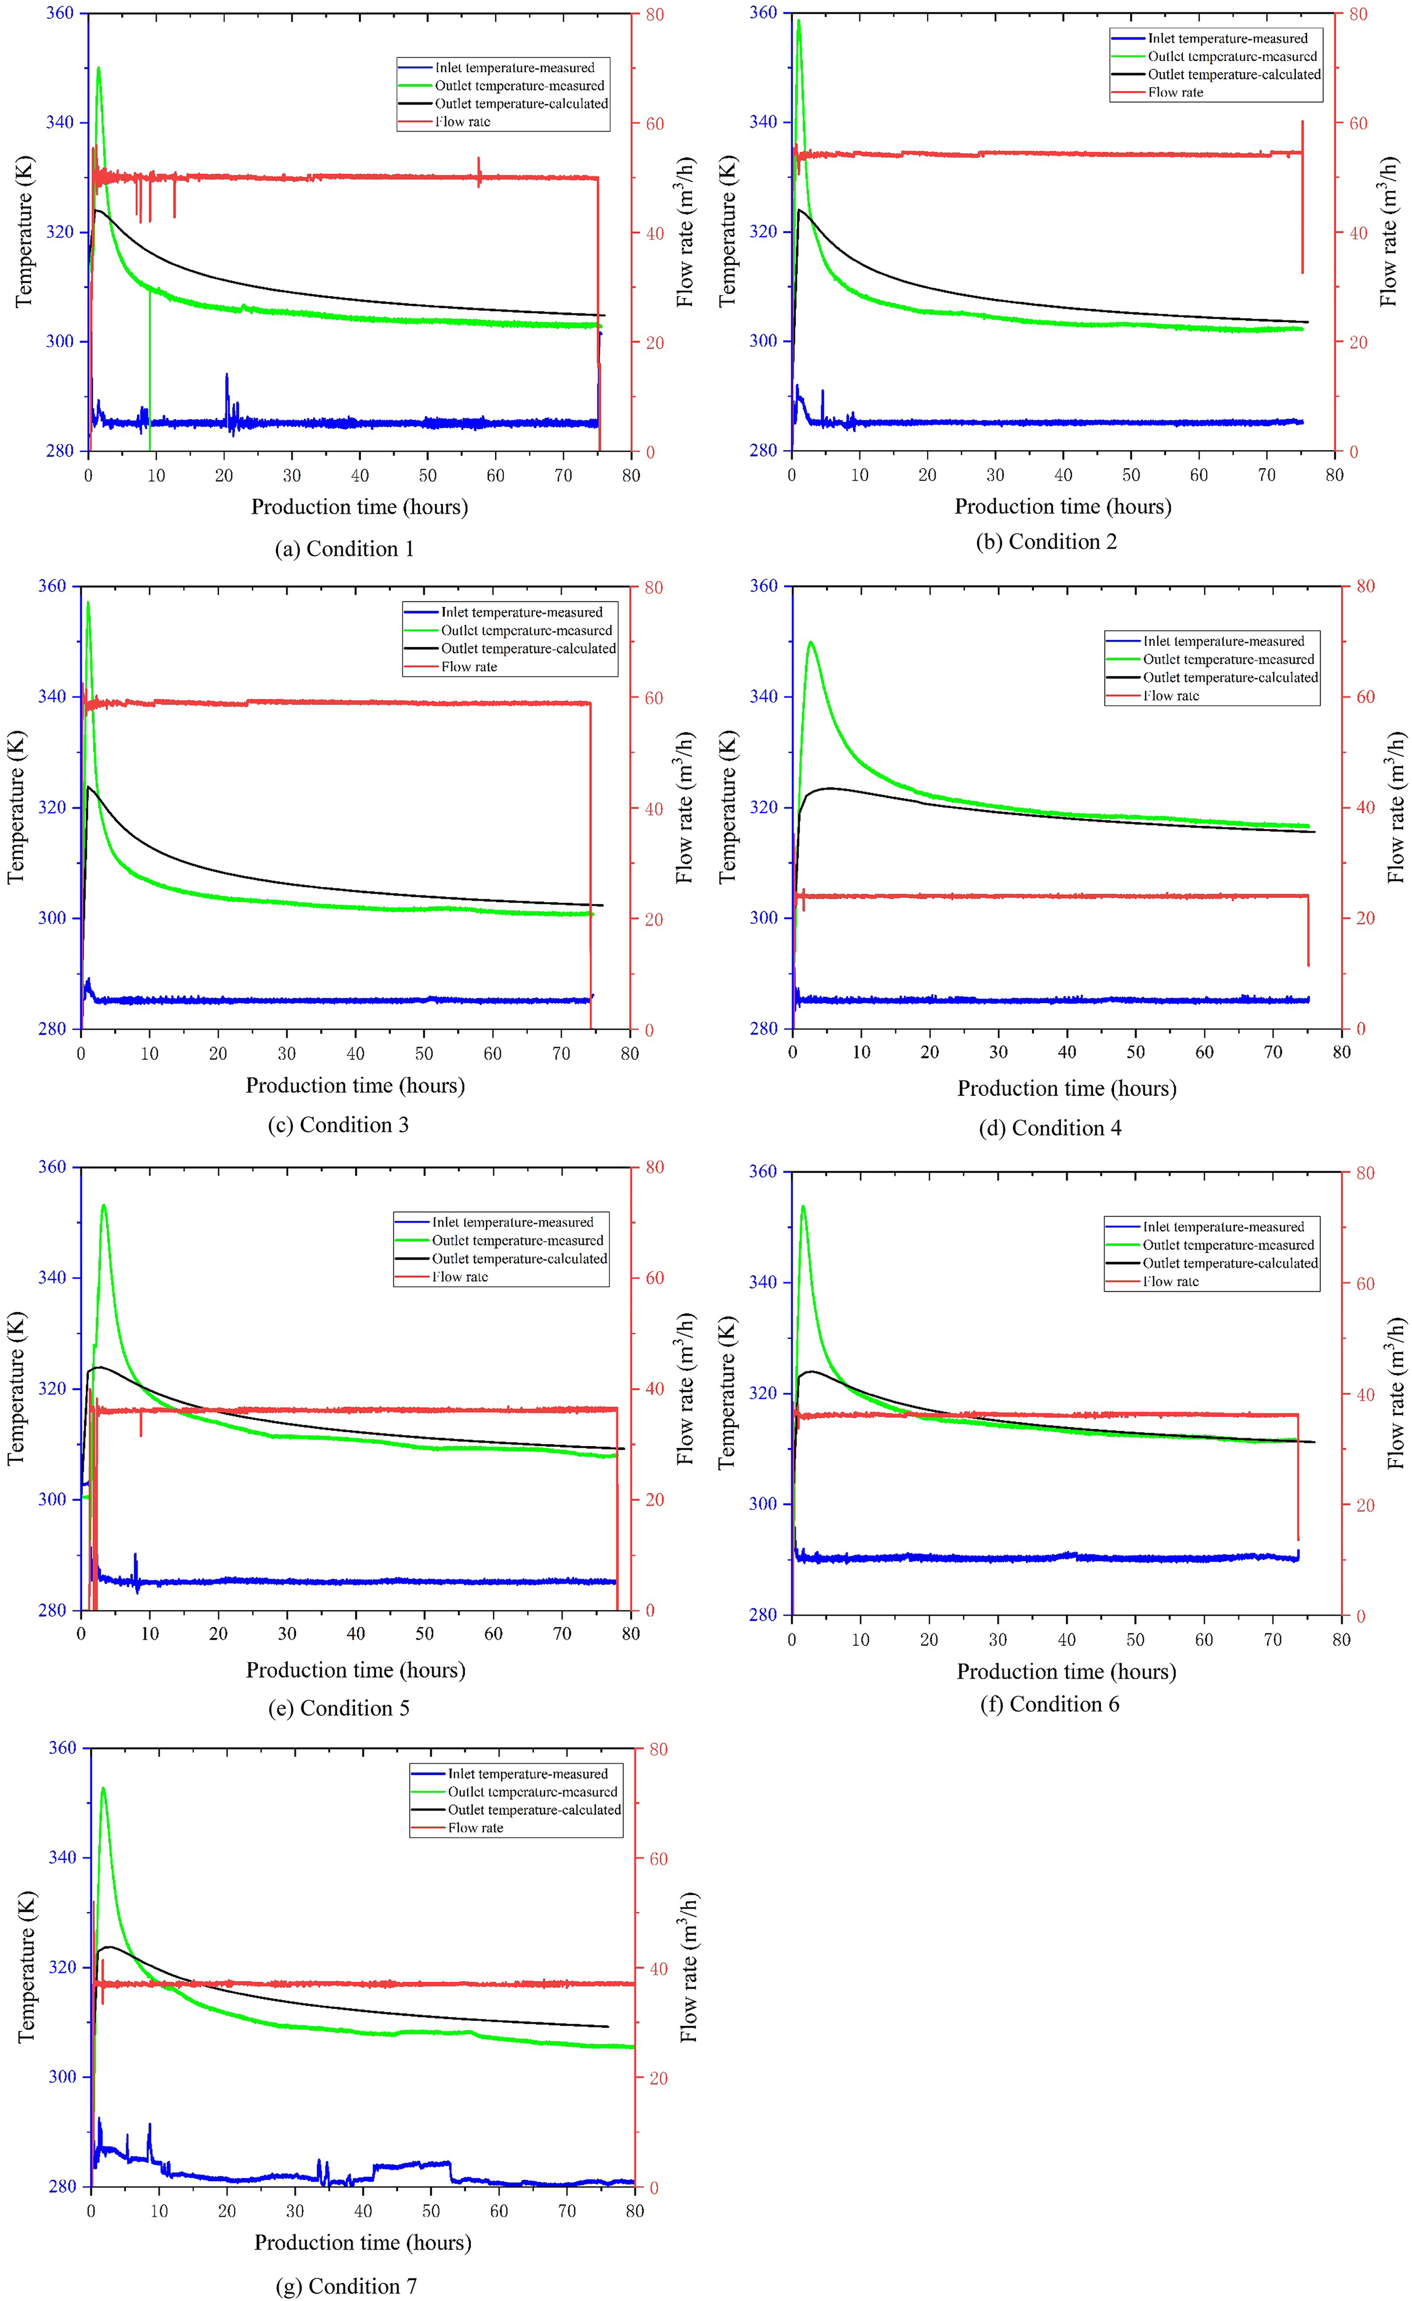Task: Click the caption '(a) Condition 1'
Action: pos(345,549)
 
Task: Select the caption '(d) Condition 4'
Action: pos(1050,1128)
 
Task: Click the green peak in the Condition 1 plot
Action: pos(98,68)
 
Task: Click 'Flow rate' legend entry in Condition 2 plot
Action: pos(1176,92)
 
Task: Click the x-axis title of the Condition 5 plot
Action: pos(356,1669)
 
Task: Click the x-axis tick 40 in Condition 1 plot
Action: pos(360,476)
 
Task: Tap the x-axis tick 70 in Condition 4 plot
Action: pos(1273,1052)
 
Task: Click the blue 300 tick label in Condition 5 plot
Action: pos(52,1500)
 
